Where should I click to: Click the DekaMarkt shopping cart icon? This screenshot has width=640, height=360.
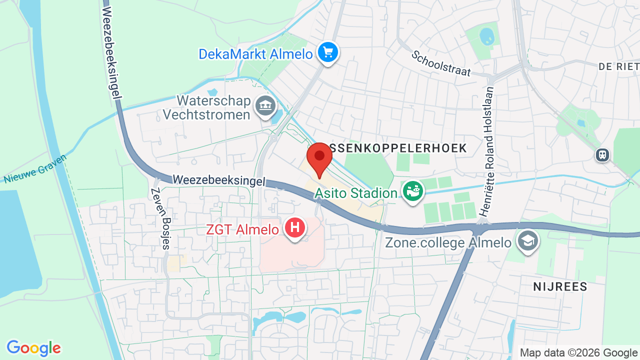[328, 52]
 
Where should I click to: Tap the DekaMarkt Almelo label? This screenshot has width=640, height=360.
[255, 54]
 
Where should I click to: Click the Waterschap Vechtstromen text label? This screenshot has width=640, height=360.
[206, 107]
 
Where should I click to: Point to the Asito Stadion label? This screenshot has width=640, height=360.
[356, 193]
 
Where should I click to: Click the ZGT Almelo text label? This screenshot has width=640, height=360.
[242, 230]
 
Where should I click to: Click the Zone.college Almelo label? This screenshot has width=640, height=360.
[448, 243]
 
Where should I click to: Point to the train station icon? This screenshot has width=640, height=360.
[602, 155]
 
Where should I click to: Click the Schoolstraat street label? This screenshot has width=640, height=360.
[441, 63]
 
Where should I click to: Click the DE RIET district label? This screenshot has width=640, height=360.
[618, 66]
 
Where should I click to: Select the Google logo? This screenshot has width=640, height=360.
[33, 348]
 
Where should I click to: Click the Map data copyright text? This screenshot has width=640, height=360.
[578, 353]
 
